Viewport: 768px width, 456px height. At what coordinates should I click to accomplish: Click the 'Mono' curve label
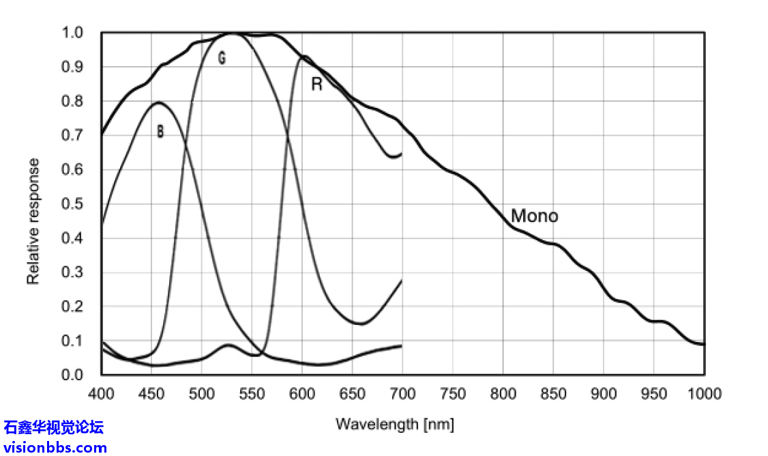click(x=534, y=216)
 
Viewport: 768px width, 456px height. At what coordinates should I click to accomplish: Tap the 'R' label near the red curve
click(x=316, y=85)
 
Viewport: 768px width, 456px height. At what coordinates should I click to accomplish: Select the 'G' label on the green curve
click(x=222, y=59)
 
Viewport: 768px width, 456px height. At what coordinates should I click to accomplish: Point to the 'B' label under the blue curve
click(x=160, y=132)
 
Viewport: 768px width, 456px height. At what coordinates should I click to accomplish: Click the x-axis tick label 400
click(x=101, y=394)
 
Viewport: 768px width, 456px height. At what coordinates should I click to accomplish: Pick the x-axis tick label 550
click(x=252, y=394)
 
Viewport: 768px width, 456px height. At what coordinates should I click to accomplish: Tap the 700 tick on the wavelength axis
click(x=402, y=394)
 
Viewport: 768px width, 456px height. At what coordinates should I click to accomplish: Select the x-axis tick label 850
click(x=553, y=394)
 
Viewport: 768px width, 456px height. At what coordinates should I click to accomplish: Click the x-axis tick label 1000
click(x=703, y=394)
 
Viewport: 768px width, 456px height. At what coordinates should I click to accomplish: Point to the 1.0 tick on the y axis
click(x=72, y=33)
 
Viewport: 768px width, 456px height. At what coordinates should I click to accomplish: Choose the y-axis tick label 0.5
click(x=72, y=204)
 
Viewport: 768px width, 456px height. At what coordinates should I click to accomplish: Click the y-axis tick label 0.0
click(x=72, y=375)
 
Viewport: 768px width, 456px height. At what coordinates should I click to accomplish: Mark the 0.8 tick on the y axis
click(x=72, y=101)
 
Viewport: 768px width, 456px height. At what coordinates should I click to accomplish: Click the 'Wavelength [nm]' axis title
click(x=394, y=424)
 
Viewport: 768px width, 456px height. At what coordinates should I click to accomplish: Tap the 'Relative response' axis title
click(x=33, y=221)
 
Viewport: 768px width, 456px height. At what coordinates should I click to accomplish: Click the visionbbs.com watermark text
click(x=55, y=448)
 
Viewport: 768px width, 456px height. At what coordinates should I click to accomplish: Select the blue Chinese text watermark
click(x=54, y=428)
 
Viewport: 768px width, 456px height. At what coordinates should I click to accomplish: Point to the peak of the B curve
click(x=159, y=102)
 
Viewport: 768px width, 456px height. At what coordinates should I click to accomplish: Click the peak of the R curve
click(x=304, y=57)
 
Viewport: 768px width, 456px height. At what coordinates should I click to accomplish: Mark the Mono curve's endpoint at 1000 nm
click(x=704, y=344)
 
